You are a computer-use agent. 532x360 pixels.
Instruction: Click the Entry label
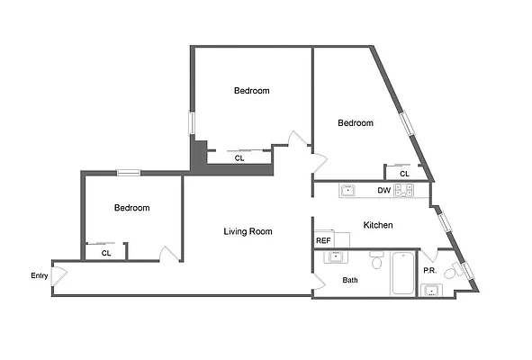pyautogui.click(x=39, y=276)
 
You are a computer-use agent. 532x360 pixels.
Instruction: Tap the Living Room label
pyautogui.click(x=248, y=232)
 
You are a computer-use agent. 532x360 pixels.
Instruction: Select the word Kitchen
pyautogui.click(x=377, y=225)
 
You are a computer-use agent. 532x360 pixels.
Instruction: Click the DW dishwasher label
pyautogui.click(x=383, y=191)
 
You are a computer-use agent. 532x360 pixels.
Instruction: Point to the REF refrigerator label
pyautogui.click(x=323, y=240)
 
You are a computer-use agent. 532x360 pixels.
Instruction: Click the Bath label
pyautogui.click(x=350, y=280)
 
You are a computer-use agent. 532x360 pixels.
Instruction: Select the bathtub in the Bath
pyautogui.click(x=401, y=274)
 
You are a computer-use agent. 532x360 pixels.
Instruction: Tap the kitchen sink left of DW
pyautogui.click(x=347, y=191)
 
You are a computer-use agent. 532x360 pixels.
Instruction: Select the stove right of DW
pyautogui.click(x=404, y=191)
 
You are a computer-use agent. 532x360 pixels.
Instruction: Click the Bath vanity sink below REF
pyautogui.click(x=335, y=257)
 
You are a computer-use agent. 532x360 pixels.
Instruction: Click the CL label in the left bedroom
pyautogui.click(x=105, y=253)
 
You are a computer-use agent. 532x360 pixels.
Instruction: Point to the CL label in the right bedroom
pyautogui.click(x=404, y=174)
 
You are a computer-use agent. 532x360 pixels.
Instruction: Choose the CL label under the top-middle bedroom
pyautogui.click(x=239, y=158)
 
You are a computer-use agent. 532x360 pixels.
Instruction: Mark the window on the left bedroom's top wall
pyautogui.click(x=128, y=173)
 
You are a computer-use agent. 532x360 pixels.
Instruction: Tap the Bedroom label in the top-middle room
pyautogui.click(x=251, y=91)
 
